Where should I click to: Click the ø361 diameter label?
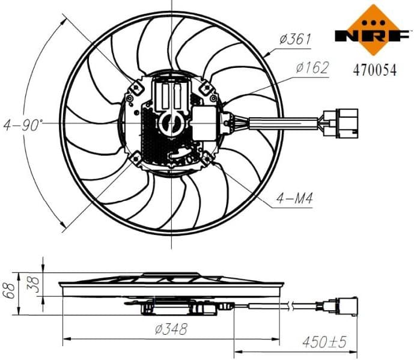pyautogui.click(x=294, y=40)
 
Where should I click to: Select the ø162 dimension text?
pyautogui.click(x=312, y=68)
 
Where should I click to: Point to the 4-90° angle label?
pyautogui.click(x=24, y=126)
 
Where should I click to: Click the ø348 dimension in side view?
pyautogui.click(x=171, y=329)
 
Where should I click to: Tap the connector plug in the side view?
pyautogui.click(x=344, y=307)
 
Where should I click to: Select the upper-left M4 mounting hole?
pyautogui.click(x=135, y=88)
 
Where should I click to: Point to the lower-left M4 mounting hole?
pyautogui.click(x=135, y=159)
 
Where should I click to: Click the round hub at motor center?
pyautogui.click(x=171, y=123)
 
